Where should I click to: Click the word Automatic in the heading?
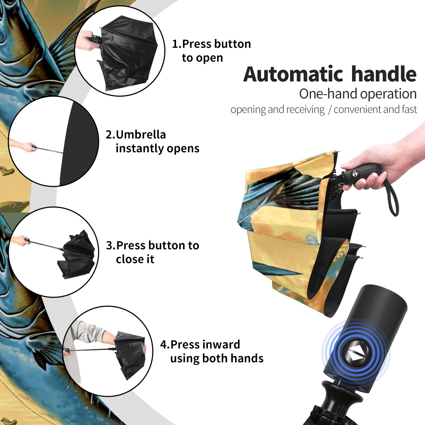[293, 74]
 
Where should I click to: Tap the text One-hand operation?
[358, 94]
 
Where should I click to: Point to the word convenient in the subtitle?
[357, 109]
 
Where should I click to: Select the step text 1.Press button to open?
[211, 51]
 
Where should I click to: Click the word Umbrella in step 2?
[141, 135]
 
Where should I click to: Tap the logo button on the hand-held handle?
[355, 174]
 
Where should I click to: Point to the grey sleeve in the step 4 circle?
[88, 330]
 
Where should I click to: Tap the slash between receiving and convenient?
[329, 110]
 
